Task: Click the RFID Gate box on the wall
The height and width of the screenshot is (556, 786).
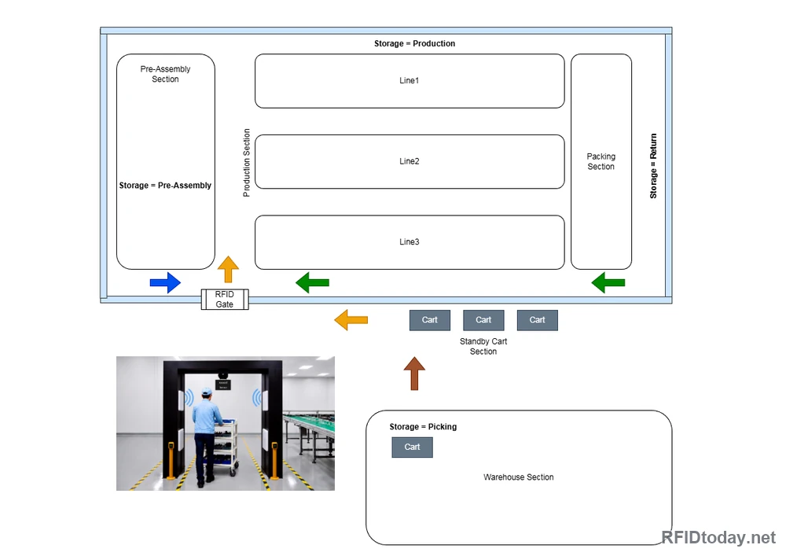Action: click(x=225, y=300)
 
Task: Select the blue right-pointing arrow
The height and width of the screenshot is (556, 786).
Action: click(x=165, y=283)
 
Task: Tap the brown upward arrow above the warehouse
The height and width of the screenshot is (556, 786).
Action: click(x=414, y=373)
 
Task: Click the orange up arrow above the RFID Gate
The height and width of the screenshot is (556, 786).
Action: click(x=228, y=269)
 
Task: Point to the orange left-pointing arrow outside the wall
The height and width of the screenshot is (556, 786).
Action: click(x=351, y=320)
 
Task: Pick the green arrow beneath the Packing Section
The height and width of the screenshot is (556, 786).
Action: click(x=608, y=283)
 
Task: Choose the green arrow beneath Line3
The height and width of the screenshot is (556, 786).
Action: click(x=312, y=283)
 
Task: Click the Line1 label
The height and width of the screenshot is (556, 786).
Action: click(x=409, y=80)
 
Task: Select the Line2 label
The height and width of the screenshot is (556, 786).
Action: click(x=409, y=161)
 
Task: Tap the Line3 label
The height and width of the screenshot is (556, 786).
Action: click(x=409, y=241)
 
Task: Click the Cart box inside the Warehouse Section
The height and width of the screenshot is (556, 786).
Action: click(x=412, y=447)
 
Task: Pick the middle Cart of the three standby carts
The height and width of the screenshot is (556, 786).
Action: click(x=483, y=320)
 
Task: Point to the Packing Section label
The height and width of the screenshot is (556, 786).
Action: click(x=601, y=161)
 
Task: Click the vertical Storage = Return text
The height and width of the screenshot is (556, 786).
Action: click(x=653, y=166)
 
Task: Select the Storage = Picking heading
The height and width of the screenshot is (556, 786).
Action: click(x=423, y=427)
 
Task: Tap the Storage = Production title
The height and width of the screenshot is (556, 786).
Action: click(x=414, y=43)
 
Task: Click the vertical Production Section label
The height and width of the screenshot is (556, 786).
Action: click(x=246, y=163)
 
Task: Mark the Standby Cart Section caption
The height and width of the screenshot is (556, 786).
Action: click(x=483, y=347)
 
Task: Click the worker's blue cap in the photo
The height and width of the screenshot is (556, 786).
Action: click(x=206, y=391)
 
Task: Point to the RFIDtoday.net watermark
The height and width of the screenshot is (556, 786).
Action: click(x=718, y=537)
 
